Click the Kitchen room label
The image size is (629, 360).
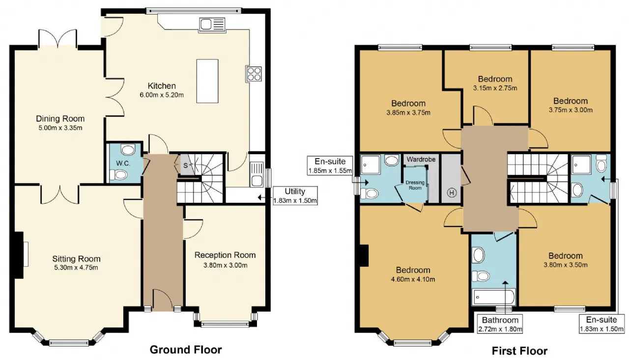(x=162, y=86)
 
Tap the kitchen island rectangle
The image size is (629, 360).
(x=207, y=81)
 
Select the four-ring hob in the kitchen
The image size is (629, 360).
(x=254, y=74)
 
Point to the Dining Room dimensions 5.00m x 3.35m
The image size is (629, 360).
(x=60, y=128)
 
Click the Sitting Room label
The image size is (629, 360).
(x=76, y=259)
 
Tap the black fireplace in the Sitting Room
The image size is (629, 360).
(x=19, y=255)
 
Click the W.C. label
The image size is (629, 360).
(x=123, y=164)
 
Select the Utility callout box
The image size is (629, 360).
(x=295, y=195)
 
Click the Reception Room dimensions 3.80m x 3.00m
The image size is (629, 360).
(x=226, y=265)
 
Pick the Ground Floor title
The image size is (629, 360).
(x=186, y=350)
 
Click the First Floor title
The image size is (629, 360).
(x=519, y=351)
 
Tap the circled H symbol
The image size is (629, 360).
(x=452, y=193)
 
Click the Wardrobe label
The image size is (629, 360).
(x=421, y=160)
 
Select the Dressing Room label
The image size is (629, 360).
(x=415, y=185)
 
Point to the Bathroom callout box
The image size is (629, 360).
(x=500, y=324)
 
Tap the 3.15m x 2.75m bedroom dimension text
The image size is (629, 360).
(x=495, y=88)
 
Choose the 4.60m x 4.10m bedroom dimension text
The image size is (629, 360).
(x=413, y=279)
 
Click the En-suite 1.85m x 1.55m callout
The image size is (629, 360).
(x=330, y=166)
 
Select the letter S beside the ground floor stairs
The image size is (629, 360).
(x=185, y=166)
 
